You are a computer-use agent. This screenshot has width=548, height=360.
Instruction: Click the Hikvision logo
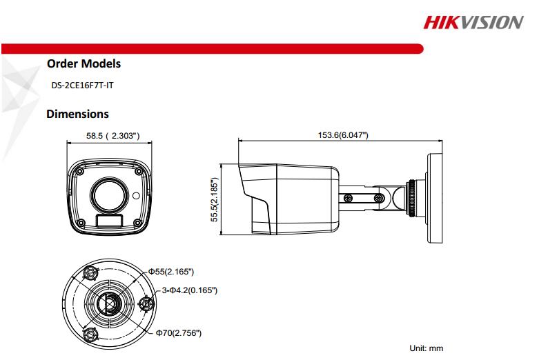(473, 22)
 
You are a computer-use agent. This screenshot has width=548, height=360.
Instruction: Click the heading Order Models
(84, 63)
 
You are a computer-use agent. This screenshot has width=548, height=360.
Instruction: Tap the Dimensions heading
(77, 114)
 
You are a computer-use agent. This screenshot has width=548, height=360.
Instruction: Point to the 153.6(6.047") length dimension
(342, 134)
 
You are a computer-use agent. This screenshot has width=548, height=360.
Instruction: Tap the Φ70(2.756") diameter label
(178, 333)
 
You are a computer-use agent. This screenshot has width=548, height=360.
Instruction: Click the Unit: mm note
(427, 349)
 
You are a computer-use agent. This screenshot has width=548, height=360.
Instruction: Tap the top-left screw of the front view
(81, 168)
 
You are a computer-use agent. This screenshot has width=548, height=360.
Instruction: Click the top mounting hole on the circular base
(90, 272)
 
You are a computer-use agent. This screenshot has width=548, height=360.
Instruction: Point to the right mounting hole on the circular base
(146, 303)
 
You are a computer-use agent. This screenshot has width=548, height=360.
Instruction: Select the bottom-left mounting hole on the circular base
(89, 334)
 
